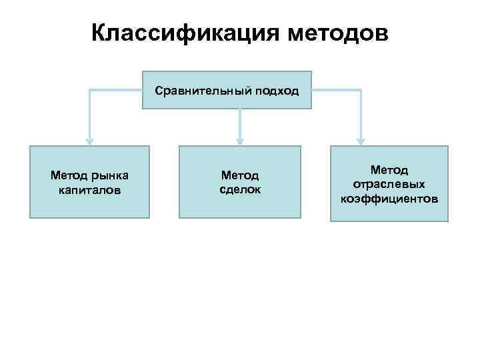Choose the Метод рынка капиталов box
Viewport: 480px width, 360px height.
tap(89, 182)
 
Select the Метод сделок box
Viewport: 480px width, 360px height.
tap(239, 182)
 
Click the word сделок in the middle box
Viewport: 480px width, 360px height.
tap(239, 189)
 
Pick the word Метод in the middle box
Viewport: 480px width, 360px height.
tap(239, 175)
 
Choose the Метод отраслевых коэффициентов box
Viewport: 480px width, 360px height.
tap(389, 183)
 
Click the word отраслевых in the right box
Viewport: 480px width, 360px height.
tap(389, 184)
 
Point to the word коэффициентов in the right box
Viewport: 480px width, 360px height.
tap(389, 198)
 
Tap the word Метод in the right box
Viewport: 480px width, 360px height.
tap(389, 170)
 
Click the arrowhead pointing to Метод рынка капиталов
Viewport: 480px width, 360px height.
tap(89, 141)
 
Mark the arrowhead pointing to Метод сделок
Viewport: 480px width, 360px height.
tap(239, 141)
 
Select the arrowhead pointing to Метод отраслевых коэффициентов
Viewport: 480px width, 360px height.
tap(361, 141)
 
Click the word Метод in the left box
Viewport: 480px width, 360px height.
tap(68, 175)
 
